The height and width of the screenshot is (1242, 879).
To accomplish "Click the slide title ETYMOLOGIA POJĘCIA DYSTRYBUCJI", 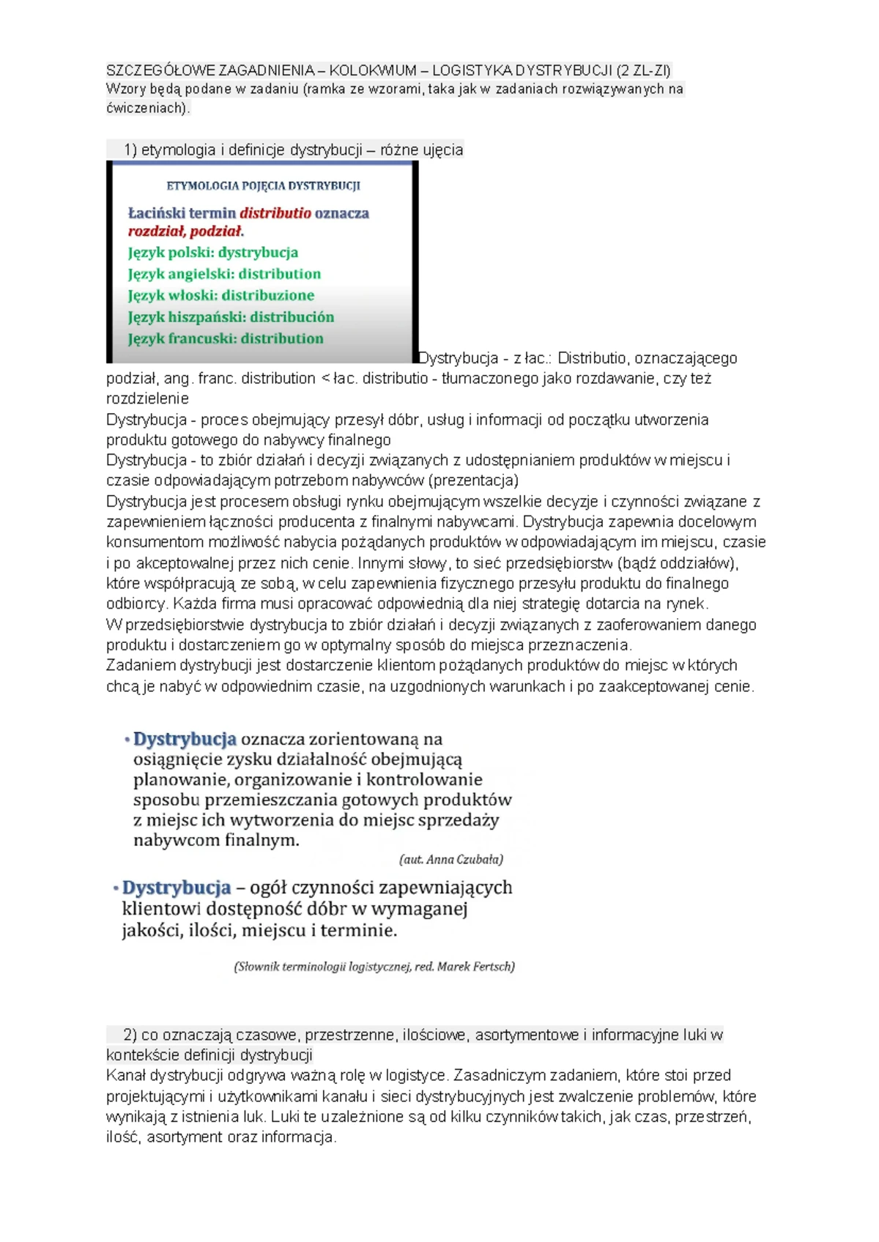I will [x=263, y=185].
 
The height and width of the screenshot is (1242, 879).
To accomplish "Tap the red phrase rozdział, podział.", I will [x=185, y=231].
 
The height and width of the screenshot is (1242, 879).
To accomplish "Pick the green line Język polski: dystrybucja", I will [x=212, y=253].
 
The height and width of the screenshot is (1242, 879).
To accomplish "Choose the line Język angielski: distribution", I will [x=224, y=274].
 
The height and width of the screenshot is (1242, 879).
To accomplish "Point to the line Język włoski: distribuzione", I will [x=220, y=295].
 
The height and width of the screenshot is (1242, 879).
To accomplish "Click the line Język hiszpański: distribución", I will [x=231, y=317].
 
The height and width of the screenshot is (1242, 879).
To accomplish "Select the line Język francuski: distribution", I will [x=225, y=338].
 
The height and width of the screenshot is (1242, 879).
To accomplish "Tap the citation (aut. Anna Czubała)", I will [x=451, y=859].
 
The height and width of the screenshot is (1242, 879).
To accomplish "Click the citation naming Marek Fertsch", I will [x=374, y=967].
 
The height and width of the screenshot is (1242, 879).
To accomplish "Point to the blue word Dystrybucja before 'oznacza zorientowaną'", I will [x=185, y=739].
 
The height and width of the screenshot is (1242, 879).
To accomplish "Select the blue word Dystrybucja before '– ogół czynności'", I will [x=176, y=888].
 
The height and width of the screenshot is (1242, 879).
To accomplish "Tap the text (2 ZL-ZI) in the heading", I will [x=643, y=70].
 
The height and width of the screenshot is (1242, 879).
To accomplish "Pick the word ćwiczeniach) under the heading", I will [x=148, y=108].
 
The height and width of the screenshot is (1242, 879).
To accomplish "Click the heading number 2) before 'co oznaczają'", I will [x=130, y=1035].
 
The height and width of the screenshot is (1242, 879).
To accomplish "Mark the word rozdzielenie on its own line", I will [x=147, y=398].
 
